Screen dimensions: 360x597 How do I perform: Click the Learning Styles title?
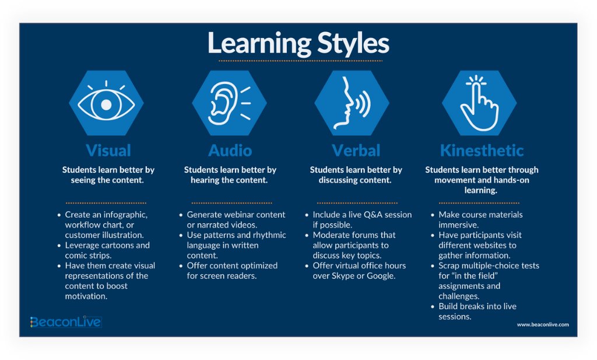pyautogui.click(x=298, y=44)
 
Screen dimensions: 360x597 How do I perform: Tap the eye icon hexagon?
pyautogui.click(x=106, y=103)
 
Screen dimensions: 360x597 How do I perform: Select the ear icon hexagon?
pyautogui.click(x=229, y=103)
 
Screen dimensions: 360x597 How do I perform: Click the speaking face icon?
pyautogui.click(x=352, y=103)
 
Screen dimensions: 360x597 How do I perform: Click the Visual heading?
pyautogui.click(x=108, y=151)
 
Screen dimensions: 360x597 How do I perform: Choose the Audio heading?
pyautogui.click(x=230, y=151)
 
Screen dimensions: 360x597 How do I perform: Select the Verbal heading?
pyautogui.click(x=356, y=151)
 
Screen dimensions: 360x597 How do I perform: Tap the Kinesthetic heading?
pyautogui.click(x=482, y=151)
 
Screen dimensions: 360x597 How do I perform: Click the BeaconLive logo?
pyautogui.click(x=66, y=321)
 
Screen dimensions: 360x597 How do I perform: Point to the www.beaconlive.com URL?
pyautogui.click(x=543, y=324)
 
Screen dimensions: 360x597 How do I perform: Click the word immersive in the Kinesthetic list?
pyautogui.click(x=458, y=225)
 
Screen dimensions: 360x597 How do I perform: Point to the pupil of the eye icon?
pyautogui.click(x=106, y=104)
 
